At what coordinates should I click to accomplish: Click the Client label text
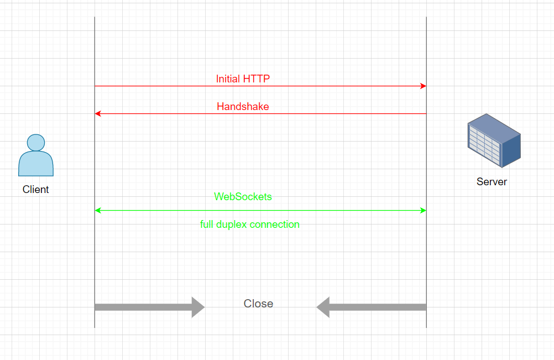tap(36, 189)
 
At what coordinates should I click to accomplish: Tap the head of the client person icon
tap(36, 143)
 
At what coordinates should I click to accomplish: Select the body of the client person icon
tap(36, 164)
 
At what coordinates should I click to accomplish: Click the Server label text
tap(492, 181)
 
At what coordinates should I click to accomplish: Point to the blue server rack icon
tap(494, 140)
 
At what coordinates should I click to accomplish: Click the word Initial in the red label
tap(228, 79)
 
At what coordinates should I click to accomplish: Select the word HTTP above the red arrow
tap(256, 79)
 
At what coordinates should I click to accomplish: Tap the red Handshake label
tap(243, 106)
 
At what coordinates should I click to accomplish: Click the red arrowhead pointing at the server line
tap(424, 86)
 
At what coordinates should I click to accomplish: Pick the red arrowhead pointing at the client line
tap(98, 114)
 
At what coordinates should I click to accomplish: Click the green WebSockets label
tap(243, 196)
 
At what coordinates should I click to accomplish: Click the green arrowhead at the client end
tap(98, 211)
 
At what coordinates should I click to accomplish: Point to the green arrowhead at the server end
tap(424, 211)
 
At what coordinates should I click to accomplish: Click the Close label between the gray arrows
tap(258, 304)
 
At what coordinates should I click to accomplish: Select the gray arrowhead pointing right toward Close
tap(198, 307)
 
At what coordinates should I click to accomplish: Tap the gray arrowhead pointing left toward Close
tap(323, 307)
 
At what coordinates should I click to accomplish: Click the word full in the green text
tap(207, 225)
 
